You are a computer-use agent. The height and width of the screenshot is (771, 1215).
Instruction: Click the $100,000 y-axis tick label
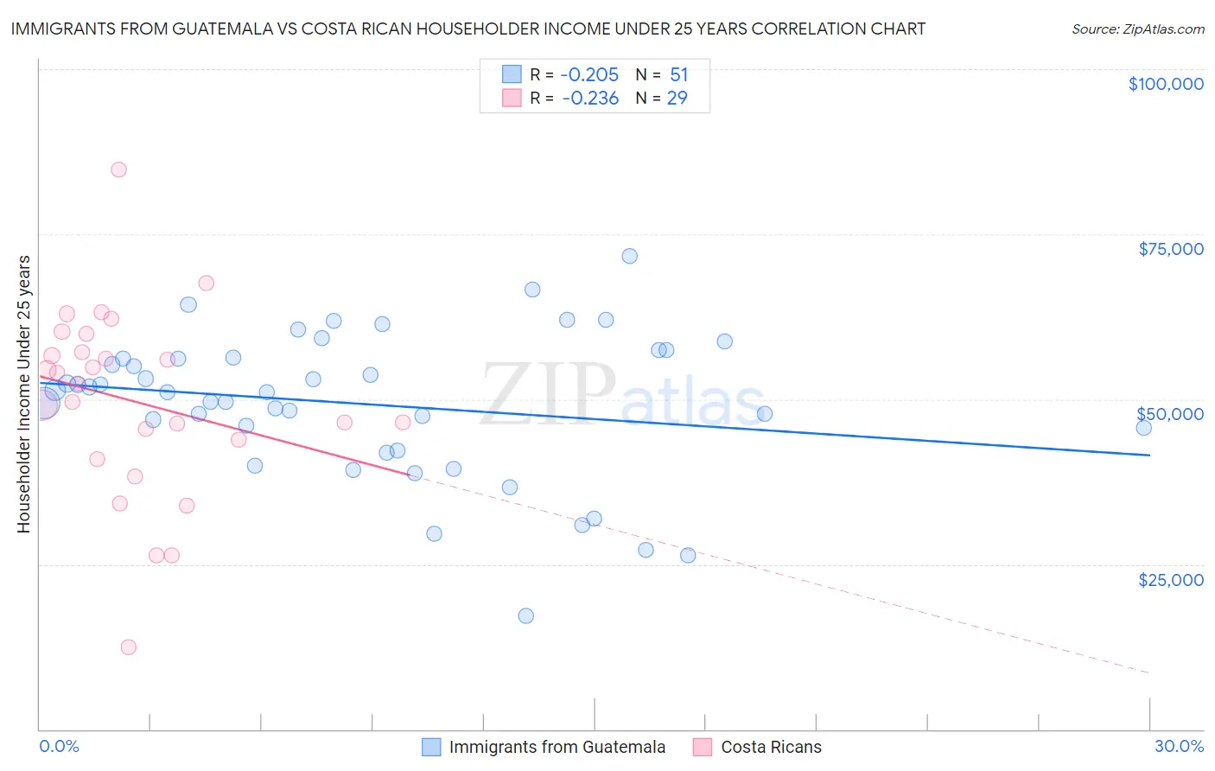coord(1166,84)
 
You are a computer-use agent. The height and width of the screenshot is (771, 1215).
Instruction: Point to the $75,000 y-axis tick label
coord(1171,249)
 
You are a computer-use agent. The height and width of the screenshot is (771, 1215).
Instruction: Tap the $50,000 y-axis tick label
coord(1170,414)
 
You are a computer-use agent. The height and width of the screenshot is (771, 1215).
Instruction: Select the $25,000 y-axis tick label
coord(1171,580)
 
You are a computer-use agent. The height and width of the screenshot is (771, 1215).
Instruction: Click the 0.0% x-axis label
coord(59,746)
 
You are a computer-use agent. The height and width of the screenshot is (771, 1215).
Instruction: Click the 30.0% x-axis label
coord(1179,746)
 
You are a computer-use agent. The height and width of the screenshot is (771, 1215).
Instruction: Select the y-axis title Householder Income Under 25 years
coord(23,393)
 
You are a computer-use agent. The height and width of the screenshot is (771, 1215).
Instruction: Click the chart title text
coord(468,29)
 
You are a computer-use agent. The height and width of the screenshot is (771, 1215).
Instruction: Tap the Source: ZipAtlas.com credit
coord(1137,29)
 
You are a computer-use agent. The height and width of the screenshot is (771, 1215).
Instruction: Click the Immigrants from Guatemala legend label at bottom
coord(557,747)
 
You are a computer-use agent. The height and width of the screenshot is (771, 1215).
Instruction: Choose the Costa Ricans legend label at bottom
coord(771,747)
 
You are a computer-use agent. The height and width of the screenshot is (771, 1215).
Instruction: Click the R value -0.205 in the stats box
coord(590,75)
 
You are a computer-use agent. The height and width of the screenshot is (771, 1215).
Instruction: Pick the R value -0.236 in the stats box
coord(590,99)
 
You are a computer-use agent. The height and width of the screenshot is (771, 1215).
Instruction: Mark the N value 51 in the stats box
coord(678,75)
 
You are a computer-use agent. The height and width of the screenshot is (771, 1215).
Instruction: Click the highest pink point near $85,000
coord(118,169)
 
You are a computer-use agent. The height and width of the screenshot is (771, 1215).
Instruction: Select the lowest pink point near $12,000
coord(129,647)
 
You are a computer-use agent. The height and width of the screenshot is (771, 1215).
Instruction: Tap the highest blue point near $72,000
coord(630,256)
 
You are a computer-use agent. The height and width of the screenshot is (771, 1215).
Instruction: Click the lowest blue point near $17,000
coord(525,616)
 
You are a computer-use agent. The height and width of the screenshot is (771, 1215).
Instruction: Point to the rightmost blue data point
coord(1143,428)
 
